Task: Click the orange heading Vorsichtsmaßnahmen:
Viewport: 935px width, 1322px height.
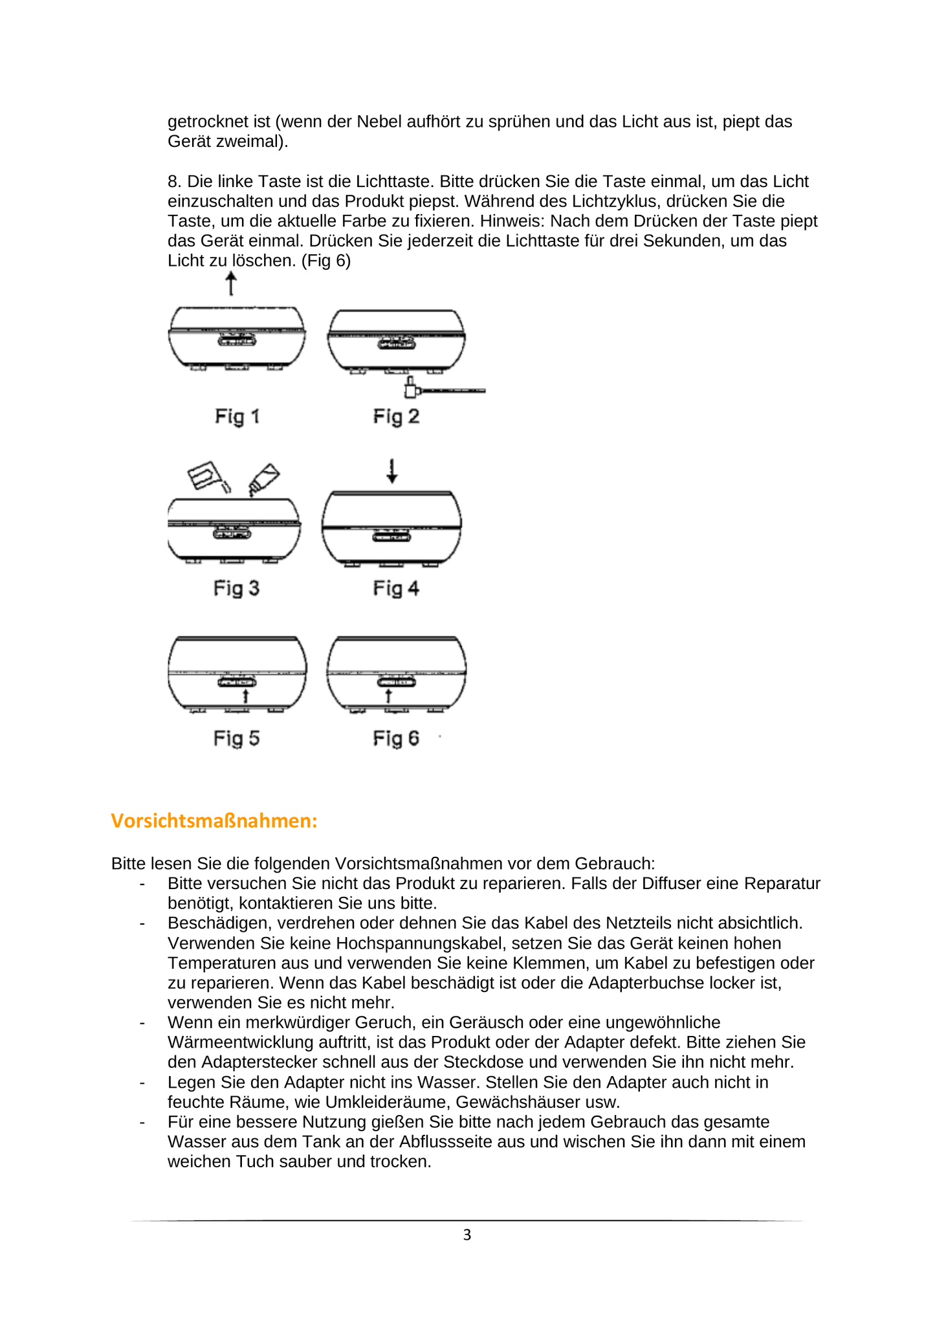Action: pyautogui.click(x=214, y=821)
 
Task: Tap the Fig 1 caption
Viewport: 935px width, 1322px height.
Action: pyautogui.click(x=237, y=416)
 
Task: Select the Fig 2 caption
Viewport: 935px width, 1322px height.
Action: pyautogui.click(x=396, y=416)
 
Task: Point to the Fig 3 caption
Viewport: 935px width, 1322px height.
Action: pyautogui.click(x=236, y=588)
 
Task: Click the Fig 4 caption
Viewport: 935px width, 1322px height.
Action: pyautogui.click(x=396, y=588)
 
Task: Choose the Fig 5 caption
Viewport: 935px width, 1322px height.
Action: pyautogui.click(x=236, y=738)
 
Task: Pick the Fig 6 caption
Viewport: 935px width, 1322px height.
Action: pyautogui.click(x=396, y=738)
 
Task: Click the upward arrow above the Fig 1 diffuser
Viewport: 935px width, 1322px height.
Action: pyautogui.click(x=231, y=283)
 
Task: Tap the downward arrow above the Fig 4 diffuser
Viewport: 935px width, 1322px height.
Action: pyautogui.click(x=391, y=471)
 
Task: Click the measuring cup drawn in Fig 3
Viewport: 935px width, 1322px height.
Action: pyautogui.click(x=205, y=476)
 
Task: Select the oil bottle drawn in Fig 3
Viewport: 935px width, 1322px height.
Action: pyautogui.click(x=263, y=479)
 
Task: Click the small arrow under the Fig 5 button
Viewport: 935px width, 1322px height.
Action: pyautogui.click(x=245, y=696)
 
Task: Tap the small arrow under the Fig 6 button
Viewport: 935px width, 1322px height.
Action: pyautogui.click(x=388, y=696)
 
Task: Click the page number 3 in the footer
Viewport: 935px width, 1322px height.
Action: pyautogui.click(x=467, y=1235)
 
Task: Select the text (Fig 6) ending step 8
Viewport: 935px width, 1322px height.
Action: pyautogui.click(x=326, y=261)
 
